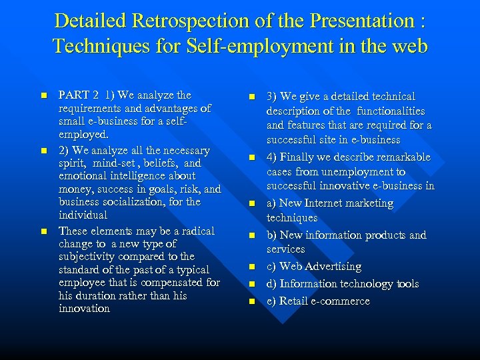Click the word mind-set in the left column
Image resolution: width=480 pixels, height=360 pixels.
tap(115, 163)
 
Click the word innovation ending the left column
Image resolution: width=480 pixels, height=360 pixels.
tap(84, 309)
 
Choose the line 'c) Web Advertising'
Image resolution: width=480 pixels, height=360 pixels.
tap(313, 267)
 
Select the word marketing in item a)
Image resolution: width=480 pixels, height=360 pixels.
tap(369, 203)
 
